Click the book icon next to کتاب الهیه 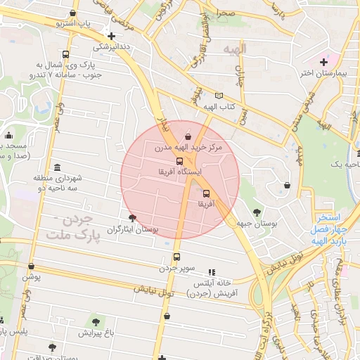(x=219, y=96)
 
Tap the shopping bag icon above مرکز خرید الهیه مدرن (x=188, y=137)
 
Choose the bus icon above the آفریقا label (x=206, y=193)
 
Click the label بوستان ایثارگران (x=132, y=229)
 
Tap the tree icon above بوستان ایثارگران (x=133, y=218)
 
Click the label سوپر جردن (x=176, y=268)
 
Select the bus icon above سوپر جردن (x=176, y=257)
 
